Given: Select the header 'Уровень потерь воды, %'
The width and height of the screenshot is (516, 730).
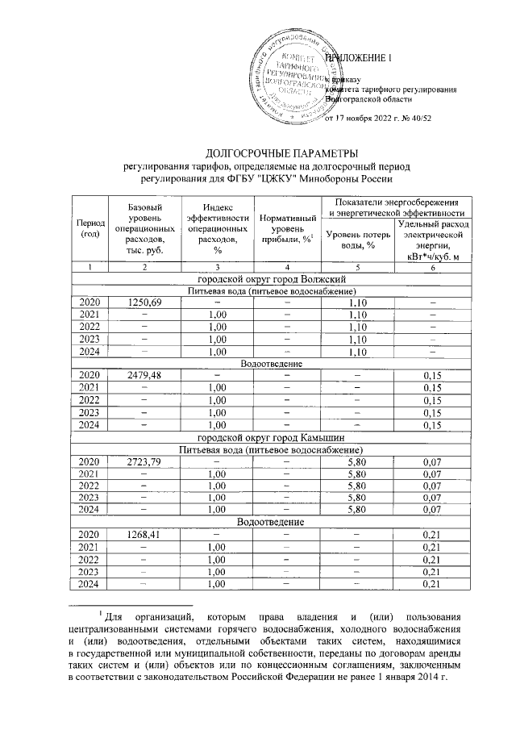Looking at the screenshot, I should point(356,240).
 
